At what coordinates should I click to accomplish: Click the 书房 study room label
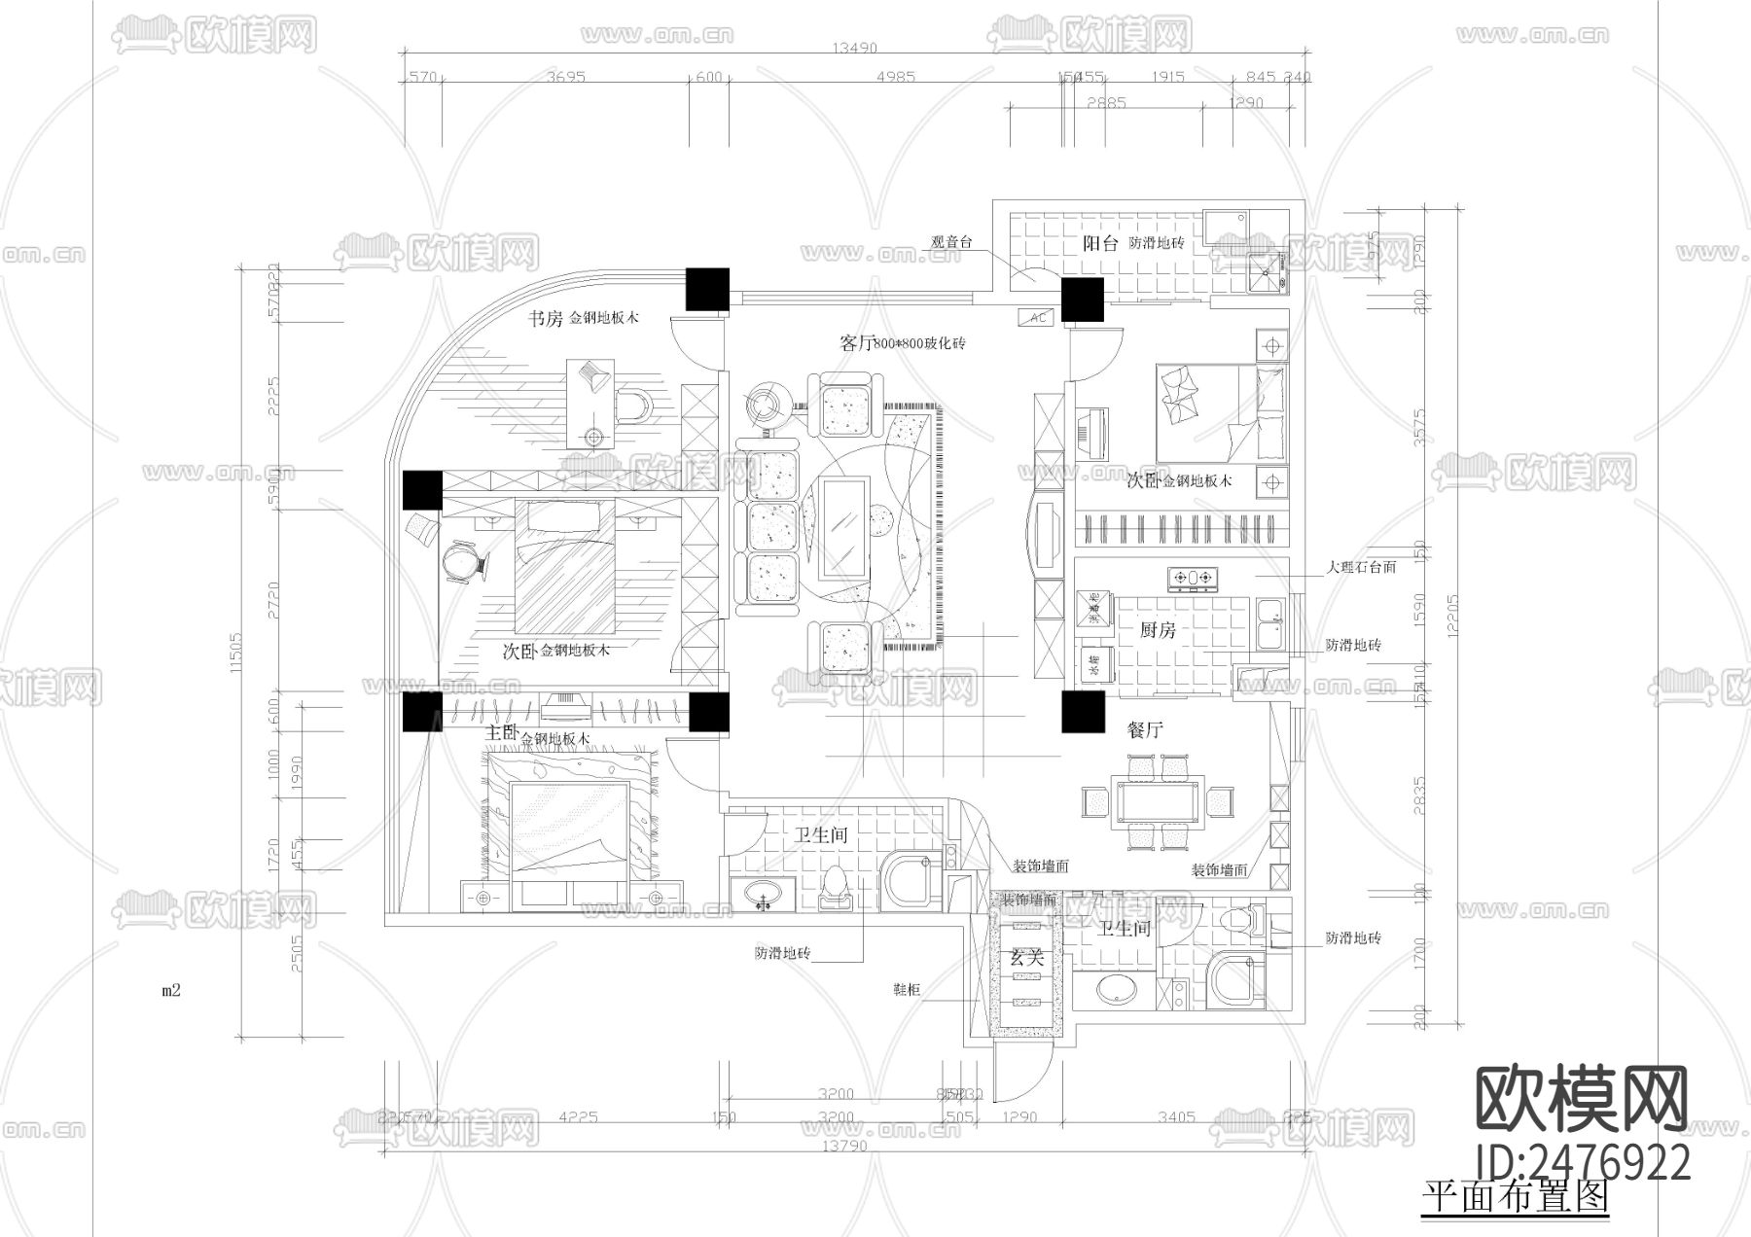[545, 319]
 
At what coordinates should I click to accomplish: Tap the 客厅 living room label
[856, 343]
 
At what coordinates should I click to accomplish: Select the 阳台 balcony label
[1101, 244]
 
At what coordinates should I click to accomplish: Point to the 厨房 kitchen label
[1158, 630]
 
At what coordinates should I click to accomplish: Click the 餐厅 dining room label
[1145, 729]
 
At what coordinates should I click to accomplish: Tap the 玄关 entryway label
[1026, 958]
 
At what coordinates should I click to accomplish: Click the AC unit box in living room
[1036, 318]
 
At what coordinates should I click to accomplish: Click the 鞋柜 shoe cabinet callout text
[907, 989]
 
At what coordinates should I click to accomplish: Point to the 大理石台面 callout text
[1362, 567]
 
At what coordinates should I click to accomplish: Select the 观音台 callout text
[951, 242]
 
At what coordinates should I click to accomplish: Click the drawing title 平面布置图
[1515, 1197]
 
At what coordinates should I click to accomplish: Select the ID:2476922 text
[1583, 1162]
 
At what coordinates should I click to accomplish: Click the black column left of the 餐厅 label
[1083, 712]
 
